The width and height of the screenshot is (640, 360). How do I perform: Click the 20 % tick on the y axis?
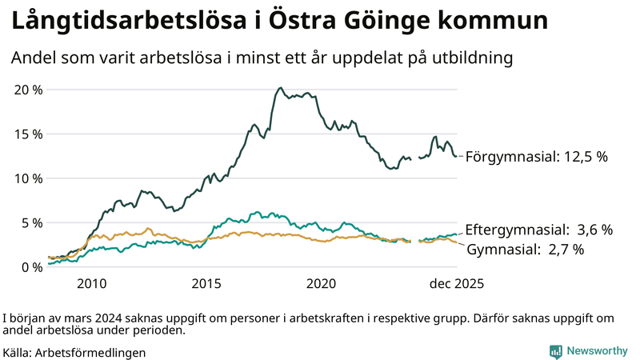[x=28, y=89]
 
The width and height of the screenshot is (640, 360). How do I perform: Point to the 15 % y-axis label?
[x=28, y=134]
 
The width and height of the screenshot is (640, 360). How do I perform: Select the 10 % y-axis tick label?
[x=28, y=178]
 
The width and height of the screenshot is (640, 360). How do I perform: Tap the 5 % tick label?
[x=31, y=222]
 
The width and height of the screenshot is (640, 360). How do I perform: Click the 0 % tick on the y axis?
[x=31, y=266]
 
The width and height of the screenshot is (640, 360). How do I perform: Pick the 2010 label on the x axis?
[x=91, y=283]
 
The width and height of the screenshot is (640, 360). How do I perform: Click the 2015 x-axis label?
[x=206, y=283]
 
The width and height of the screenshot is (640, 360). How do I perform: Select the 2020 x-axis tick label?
[x=322, y=283]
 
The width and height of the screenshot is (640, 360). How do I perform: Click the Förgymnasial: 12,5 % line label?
[x=537, y=157]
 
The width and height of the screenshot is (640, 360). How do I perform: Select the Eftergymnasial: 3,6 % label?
[x=538, y=230]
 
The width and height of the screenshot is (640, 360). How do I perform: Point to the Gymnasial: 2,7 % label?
[x=525, y=250]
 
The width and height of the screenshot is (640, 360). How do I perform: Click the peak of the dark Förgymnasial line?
[x=280, y=88]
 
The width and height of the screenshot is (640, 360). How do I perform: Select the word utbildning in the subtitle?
[x=467, y=58]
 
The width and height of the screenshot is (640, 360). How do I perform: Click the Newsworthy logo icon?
[x=555, y=351]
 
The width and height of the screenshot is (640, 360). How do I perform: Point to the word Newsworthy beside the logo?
[x=597, y=351]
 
